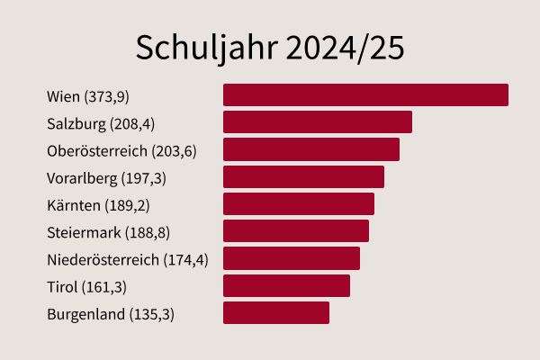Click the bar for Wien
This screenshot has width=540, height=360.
point(365,94)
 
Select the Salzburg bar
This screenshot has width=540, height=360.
point(317,122)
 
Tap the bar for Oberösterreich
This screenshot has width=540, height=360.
point(310,149)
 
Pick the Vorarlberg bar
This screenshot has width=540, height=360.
point(303,176)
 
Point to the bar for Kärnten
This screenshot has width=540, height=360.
point(298,203)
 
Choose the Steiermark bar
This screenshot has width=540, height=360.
point(295,231)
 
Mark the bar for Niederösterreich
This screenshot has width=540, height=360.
point(291,258)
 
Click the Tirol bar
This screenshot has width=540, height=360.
point(286,285)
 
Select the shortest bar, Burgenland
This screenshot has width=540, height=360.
point(275,312)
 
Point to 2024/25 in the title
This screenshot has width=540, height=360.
point(346,48)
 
